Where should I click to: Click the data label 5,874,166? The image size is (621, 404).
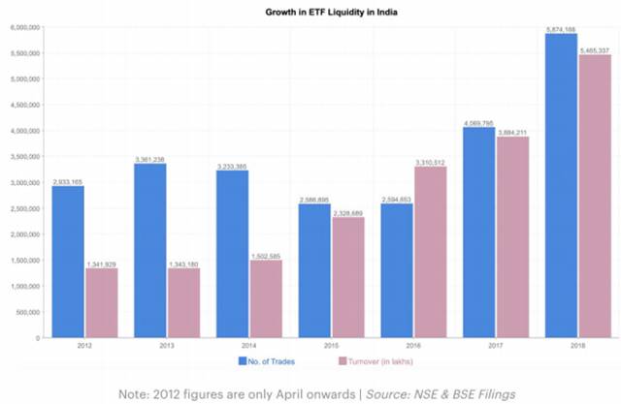(x=560, y=28)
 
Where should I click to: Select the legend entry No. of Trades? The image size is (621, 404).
(x=267, y=359)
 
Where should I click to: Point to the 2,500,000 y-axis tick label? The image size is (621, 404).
(x=25, y=208)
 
